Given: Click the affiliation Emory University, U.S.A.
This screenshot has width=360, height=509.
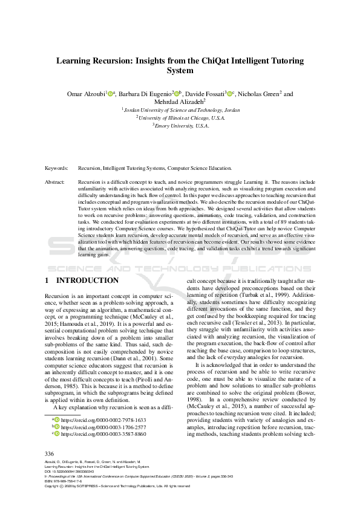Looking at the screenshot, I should click(x=181, y=126).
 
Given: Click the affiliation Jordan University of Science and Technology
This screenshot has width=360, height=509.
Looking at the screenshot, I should click(x=180, y=110).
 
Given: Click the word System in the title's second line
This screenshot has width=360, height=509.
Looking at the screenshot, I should click(x=180, y=71).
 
